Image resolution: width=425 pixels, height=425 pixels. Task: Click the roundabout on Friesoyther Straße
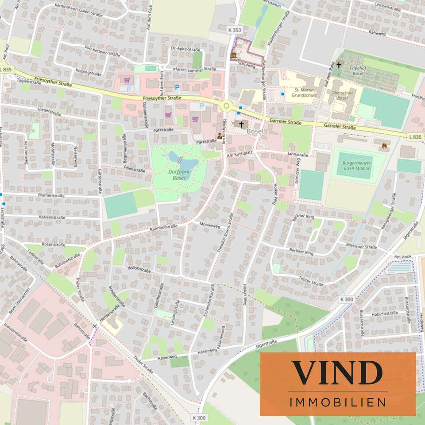[227, 106]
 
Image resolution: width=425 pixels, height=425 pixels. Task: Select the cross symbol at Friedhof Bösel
[339, 65]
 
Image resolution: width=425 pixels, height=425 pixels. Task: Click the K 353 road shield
[236, 30]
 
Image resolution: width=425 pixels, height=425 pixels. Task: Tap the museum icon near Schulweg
[233, 55]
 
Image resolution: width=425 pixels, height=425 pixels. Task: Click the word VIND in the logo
[337, 373]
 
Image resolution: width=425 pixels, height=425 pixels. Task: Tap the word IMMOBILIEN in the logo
[337, 402]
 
